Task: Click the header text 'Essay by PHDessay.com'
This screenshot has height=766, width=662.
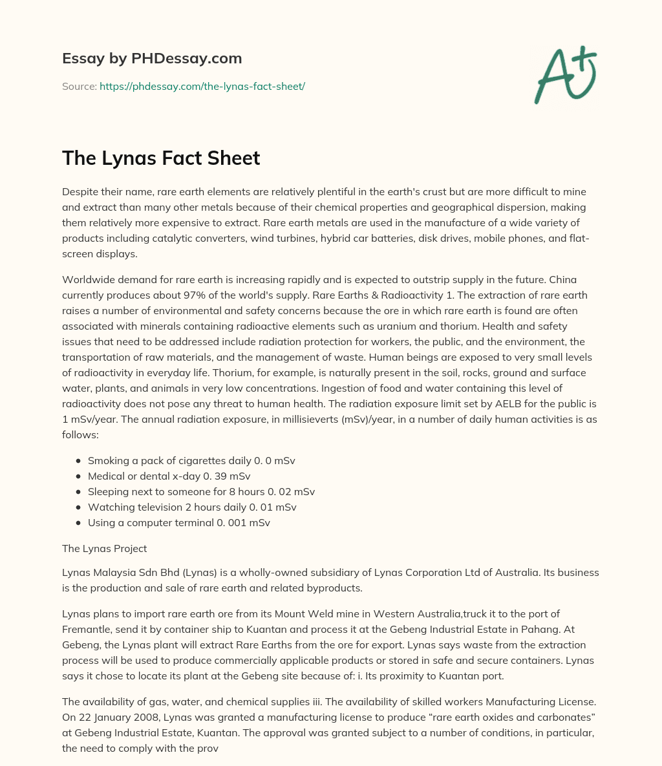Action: click(152, 59)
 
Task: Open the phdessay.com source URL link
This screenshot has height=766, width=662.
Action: click(202, 86)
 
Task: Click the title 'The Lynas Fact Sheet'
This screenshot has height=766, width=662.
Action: click(161, 158)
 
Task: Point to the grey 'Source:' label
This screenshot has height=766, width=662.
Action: click(79, 86)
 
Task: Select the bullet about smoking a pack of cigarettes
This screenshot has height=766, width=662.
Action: click(191, 461)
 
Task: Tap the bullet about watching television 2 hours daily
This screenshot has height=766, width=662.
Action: click(192, 507)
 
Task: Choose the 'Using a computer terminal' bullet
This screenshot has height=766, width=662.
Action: click(179, 523)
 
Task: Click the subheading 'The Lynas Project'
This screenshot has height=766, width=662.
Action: click(104, 549)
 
